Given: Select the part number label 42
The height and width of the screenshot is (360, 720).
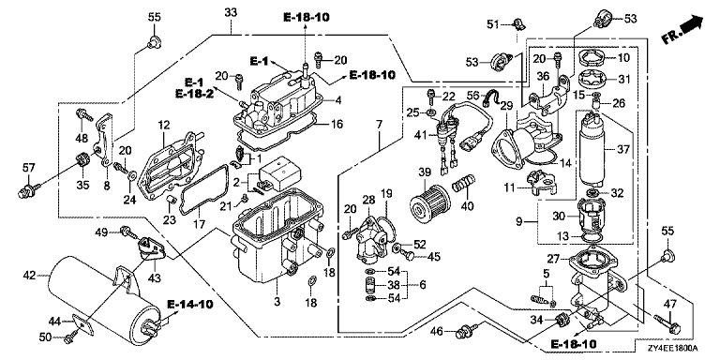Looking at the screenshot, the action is [x=29, y=276].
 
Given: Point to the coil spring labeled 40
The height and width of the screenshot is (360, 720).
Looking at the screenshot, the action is [x=463, y=184].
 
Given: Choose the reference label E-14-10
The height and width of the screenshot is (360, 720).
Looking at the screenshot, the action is [x=186, y=304].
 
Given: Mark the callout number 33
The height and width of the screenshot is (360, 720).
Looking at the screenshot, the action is [x=231, y=12].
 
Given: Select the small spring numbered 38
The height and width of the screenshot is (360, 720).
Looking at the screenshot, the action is [x=370, y=285].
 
